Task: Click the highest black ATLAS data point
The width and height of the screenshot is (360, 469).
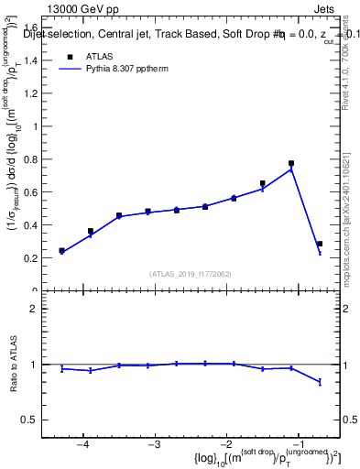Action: [x=291, y=163]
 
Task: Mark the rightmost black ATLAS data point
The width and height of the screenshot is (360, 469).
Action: [x=320, y=244]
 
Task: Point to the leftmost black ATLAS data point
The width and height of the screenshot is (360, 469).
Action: [x=61, y=250]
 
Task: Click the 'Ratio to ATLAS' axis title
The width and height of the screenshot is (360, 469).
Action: [x=15, y=365]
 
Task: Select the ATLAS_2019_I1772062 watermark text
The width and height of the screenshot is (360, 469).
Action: [x=191, y=274]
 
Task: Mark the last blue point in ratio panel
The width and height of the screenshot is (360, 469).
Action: [x=320, y=382]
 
